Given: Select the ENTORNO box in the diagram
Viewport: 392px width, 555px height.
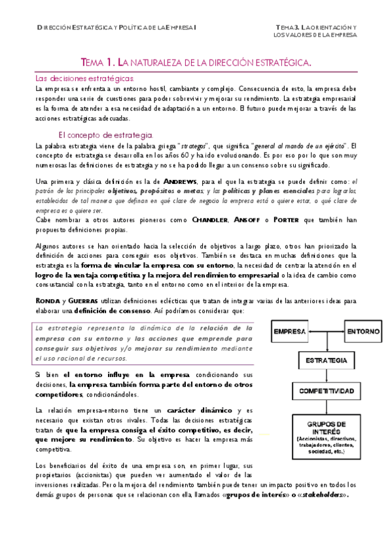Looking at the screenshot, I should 363,331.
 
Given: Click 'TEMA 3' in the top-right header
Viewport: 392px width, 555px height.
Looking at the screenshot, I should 287,26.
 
